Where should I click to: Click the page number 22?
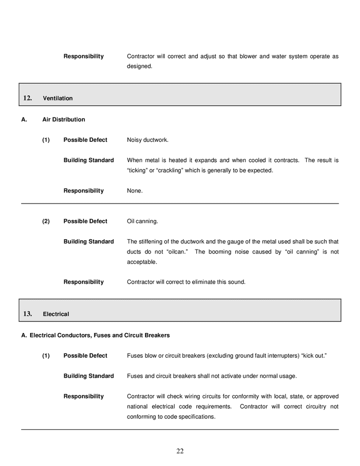click(180, 451)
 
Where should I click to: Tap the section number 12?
click(28, 98)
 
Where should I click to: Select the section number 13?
click(28, 314)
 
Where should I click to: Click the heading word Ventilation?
click(57, 98)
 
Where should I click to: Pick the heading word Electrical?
click(56, 314)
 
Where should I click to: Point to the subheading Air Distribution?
click(64, 120)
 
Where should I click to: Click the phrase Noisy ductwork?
click(148, 140)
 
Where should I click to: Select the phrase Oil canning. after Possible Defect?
click(142, 221)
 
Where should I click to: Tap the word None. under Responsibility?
click(135, 191)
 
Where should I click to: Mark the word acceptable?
click(142, 262)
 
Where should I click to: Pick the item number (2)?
click(46, 221)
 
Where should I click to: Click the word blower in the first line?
click(248, 56)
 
